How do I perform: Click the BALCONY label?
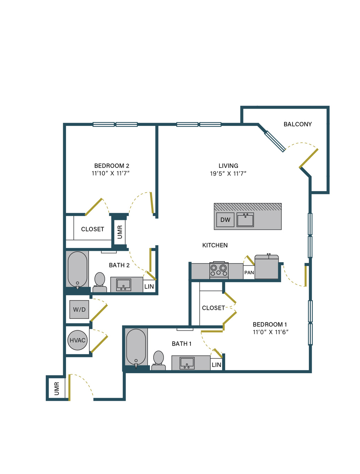[x=298, y=124]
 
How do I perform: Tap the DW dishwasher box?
[x=225, y=220]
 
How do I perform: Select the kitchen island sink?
[x=245, y=220]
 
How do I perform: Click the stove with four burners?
[x=218, y=270]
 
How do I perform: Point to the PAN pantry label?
[x=249, y=272]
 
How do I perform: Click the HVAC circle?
[x=77, y=340]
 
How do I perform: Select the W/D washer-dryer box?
[x=79, y=309]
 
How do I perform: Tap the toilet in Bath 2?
[x=100, y=282]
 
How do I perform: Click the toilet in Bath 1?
[x=159, y=360]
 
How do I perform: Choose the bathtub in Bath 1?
[x=136, y=348]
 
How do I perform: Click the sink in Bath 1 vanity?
[x=187, y=363]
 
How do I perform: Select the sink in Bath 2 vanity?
[x=123, y=285]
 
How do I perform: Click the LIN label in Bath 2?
[x=149, y=287]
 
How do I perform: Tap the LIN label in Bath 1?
[x=216, y=365]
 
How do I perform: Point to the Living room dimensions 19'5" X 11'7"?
[x=228, y=173]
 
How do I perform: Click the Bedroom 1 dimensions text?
[x=270, y=332]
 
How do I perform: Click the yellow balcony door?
[x=309, y=158]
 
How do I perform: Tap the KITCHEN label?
[x=215, y=245]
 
